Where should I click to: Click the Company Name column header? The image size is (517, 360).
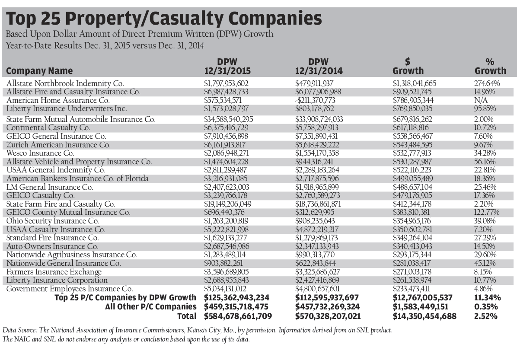39,71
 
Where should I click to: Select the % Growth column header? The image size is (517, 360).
490,67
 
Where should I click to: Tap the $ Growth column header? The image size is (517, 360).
408,67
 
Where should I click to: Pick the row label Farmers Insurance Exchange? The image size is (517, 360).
54,272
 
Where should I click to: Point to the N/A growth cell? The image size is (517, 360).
480,100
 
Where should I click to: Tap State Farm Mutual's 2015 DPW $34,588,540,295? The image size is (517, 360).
232,119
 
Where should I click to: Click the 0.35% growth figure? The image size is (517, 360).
486,307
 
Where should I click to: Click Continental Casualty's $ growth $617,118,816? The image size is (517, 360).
416,128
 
